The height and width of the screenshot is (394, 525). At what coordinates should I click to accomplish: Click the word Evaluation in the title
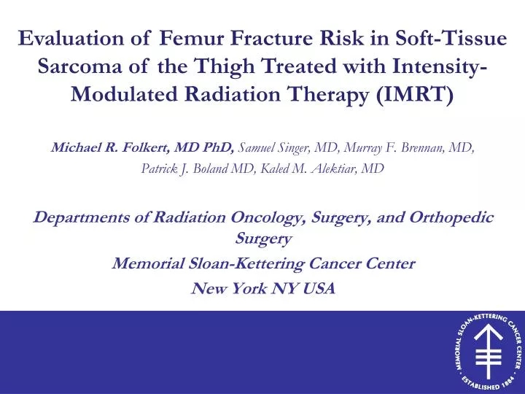79,39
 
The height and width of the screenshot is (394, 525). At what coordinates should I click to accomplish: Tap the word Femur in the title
192,39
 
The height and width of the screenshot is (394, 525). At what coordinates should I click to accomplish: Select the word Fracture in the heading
273,39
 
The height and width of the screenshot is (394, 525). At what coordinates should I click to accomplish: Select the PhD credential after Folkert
214,148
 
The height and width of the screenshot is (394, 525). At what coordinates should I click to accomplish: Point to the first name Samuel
258,148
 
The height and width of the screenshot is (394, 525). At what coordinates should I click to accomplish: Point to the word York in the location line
248,288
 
